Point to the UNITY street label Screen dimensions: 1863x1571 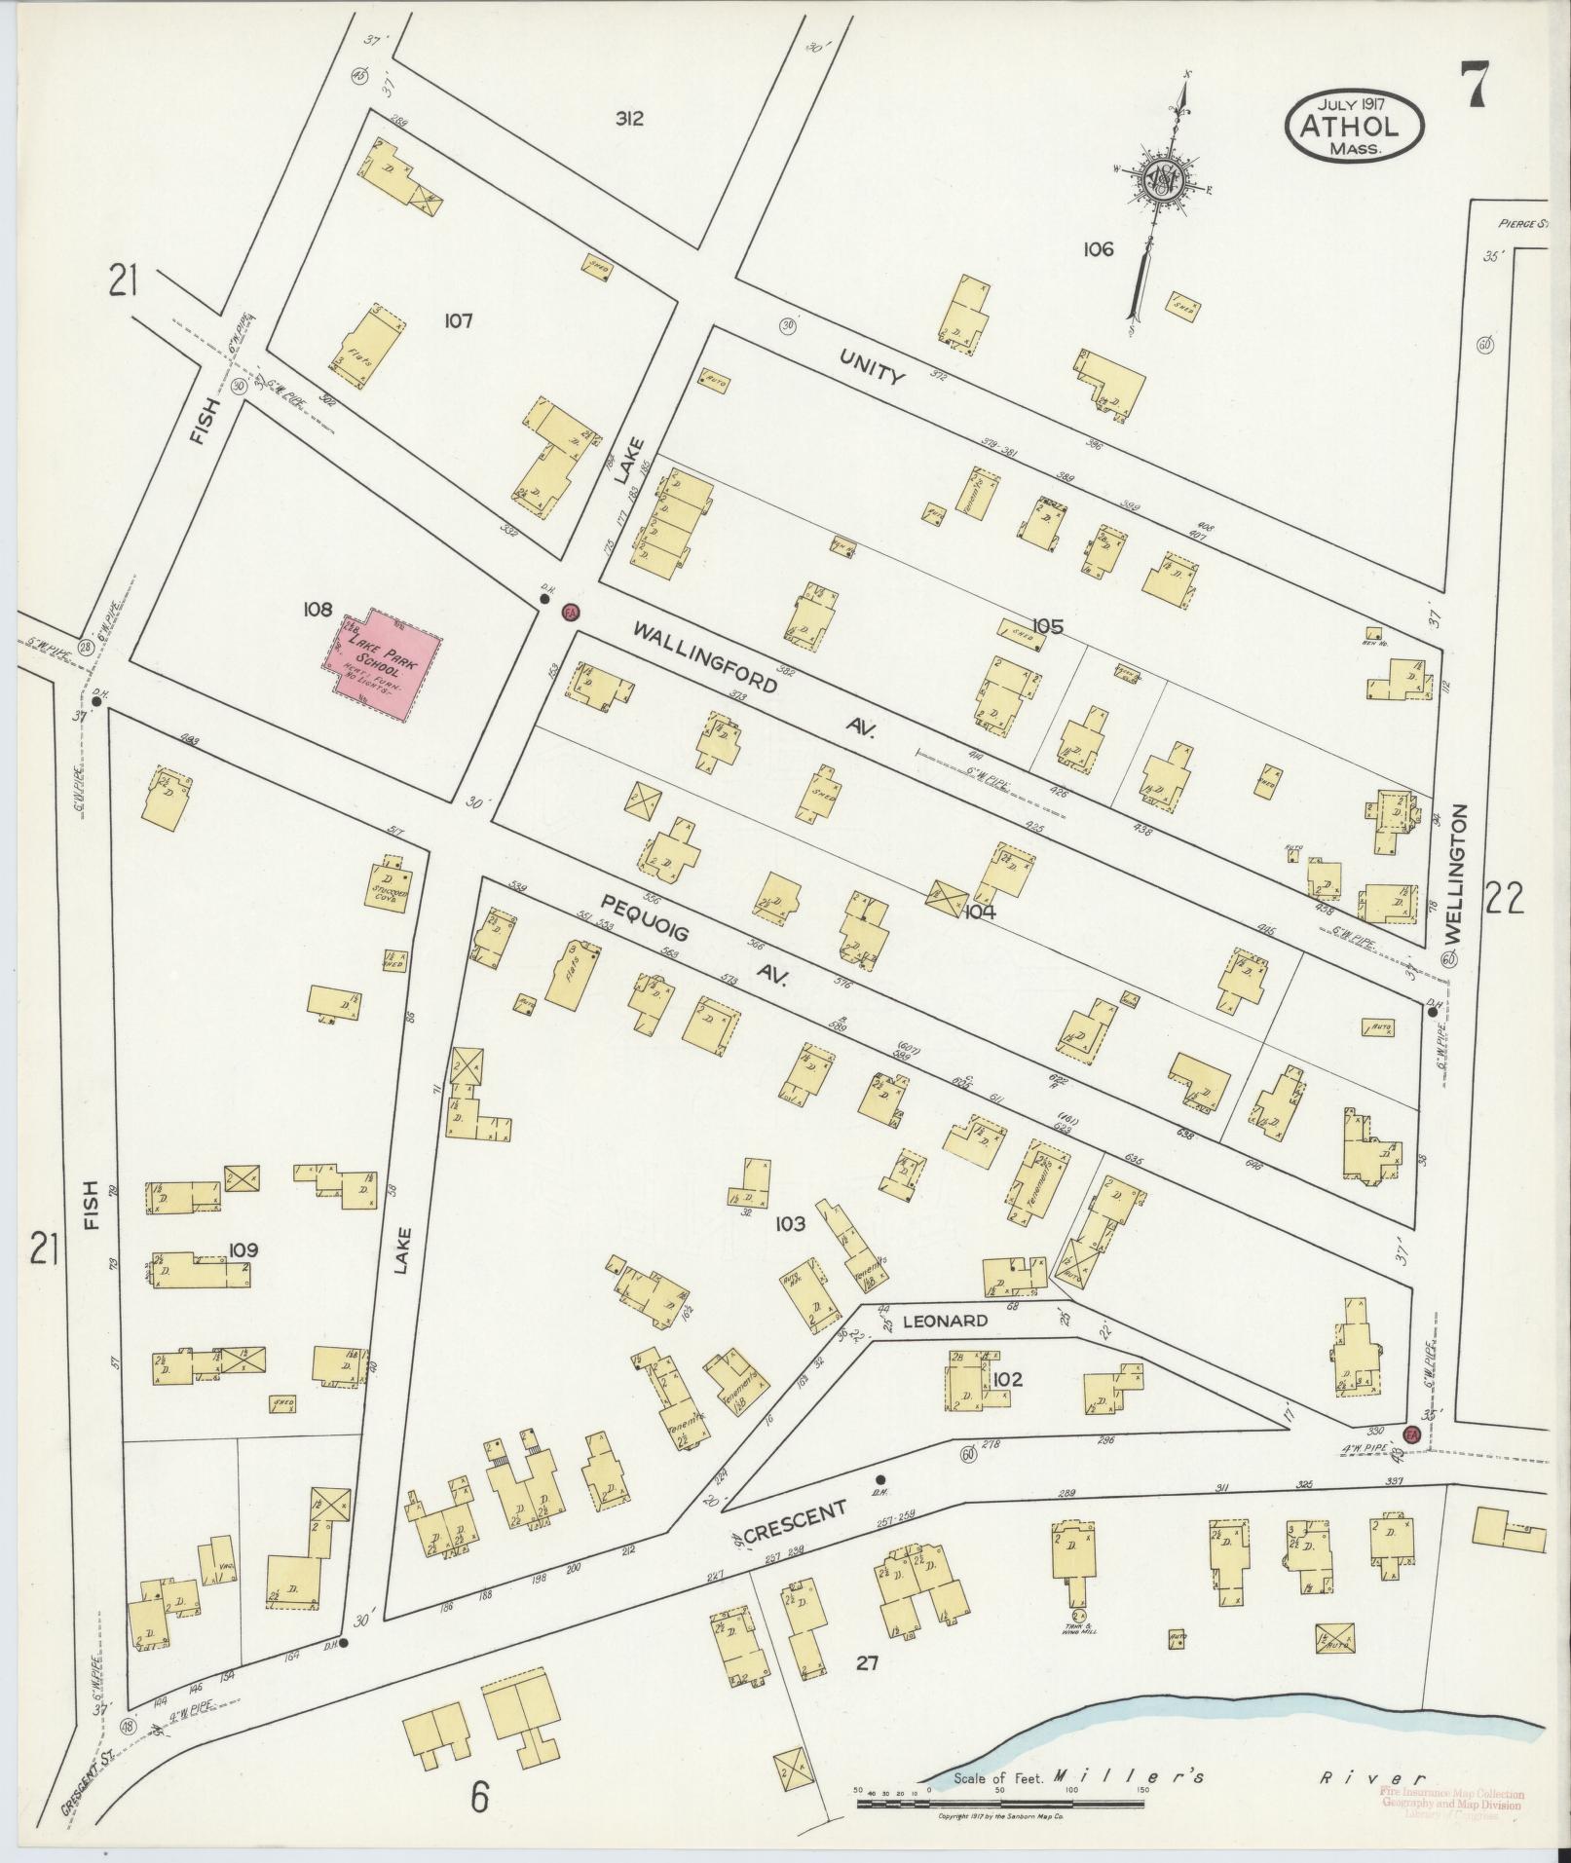(873, 368)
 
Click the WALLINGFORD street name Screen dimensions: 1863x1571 (706, 659)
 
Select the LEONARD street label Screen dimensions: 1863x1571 (945, 1322)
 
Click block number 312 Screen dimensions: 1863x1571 (629, 119)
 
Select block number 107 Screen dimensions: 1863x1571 (457, 319)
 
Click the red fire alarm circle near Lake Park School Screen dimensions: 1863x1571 (571, 612)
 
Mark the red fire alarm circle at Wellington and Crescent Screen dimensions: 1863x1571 (1411, 1433)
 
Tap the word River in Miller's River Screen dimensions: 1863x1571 (1371, 1778)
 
